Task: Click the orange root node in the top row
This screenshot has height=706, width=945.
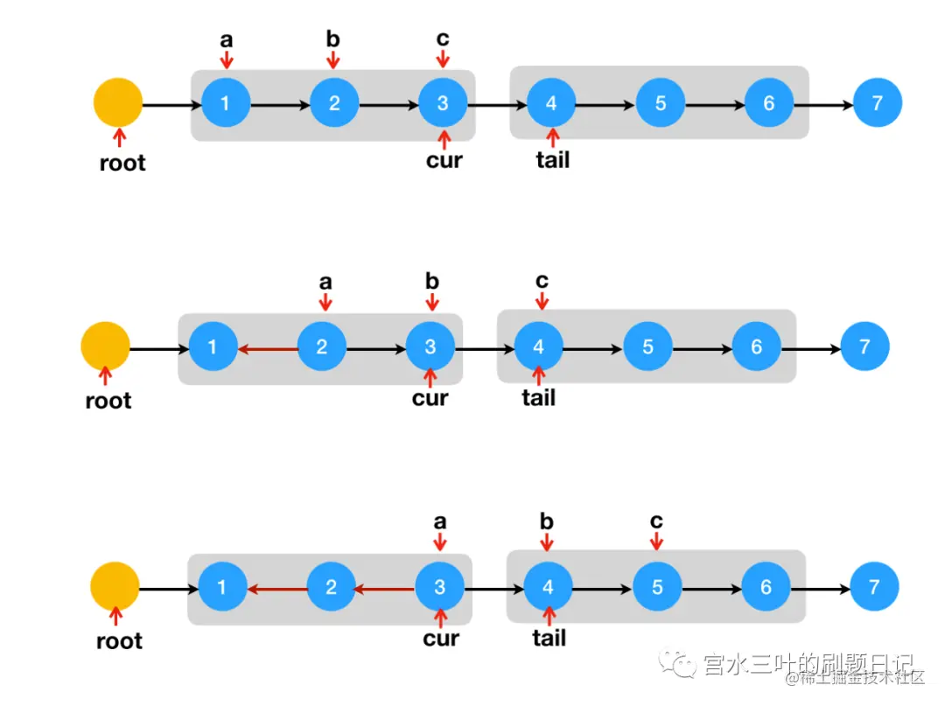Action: (x=118, y=103)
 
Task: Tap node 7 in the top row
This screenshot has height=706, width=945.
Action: (x=878, y=103)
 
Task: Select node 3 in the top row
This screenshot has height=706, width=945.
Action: (x=443, y=103)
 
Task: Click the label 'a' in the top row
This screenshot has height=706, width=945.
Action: (x=227, y=39)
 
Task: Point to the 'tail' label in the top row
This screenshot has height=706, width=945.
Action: (x=552, y=160)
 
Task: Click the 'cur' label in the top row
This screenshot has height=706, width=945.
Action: (x=444, y=160)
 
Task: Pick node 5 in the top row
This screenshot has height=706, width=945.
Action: (x=661, y=103)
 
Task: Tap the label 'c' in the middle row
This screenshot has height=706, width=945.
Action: (x=542, y=281)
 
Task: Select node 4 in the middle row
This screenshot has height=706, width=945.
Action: (x=539, y=346)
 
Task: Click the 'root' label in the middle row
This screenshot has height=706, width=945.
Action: (x=108, y=402)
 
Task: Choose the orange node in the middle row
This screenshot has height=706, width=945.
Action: (x=105, y=346)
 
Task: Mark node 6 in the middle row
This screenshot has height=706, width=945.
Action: (x=757, y=346)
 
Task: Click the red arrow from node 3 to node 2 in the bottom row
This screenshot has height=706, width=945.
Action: (x=384, y=589)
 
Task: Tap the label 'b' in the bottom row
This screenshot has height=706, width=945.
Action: (x=547, y=522)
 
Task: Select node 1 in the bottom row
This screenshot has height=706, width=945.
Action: (x=222, y=587)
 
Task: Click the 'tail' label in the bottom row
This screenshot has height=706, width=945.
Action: (x=549, y=639)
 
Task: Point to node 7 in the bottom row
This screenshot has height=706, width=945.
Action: (x=874, y=587)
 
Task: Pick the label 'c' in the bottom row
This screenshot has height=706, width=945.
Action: (x=656, y=521)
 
